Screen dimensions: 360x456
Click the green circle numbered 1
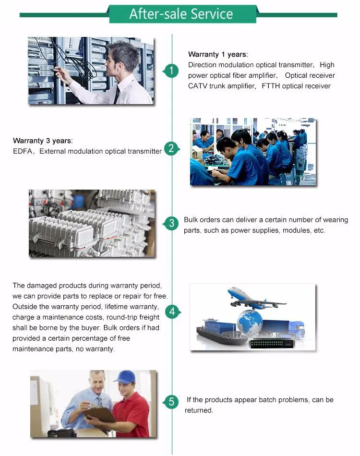[172, 71]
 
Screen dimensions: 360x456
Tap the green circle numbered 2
[171, 149]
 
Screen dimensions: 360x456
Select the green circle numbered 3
[172, 223]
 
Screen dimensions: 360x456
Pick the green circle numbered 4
[172, 312]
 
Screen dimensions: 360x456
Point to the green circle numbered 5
[172, 402]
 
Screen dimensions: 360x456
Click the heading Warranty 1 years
[218, 54]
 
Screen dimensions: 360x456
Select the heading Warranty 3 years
[43, 141]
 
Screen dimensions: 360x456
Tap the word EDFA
[23, 151]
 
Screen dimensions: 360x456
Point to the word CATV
[197, 86]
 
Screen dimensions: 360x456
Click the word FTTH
[270, 86]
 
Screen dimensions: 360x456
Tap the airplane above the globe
[256, 298]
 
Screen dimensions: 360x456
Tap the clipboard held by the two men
[99, 415]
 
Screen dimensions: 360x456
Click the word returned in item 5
[199, 410]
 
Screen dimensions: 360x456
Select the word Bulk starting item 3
[192, 220]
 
